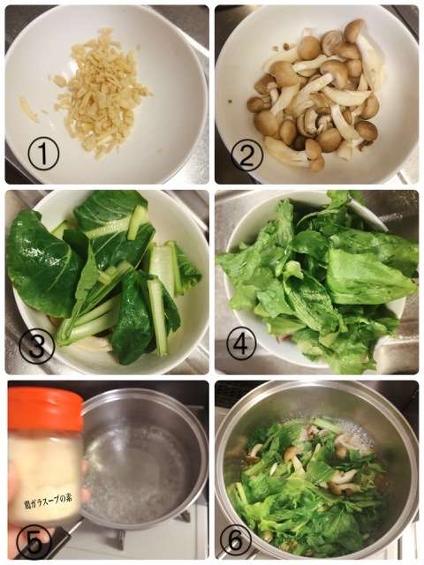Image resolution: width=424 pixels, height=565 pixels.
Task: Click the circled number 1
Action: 43,155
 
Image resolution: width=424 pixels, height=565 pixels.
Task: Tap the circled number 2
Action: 247,156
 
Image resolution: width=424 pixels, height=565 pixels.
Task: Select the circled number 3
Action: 37,346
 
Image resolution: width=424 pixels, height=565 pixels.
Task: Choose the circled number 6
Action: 236,539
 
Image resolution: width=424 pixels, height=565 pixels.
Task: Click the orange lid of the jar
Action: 45,410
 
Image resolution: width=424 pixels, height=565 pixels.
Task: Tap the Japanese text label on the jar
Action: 49,500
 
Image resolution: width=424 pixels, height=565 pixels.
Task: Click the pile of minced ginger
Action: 102,92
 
